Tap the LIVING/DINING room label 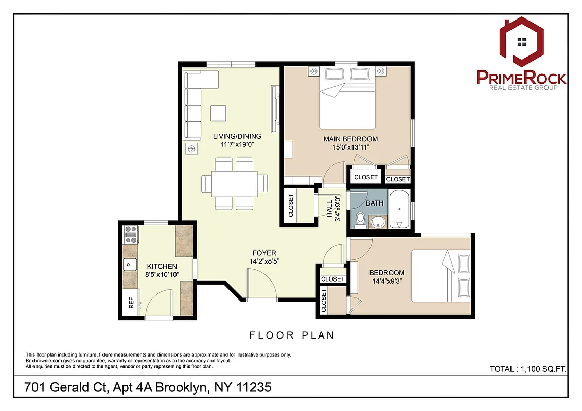coord(237,136)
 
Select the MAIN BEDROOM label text coord(350,139)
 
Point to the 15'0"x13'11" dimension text coord(350,147)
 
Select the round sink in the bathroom coord(378,221)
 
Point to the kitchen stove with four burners coord(130,234)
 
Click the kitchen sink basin coord(130,265)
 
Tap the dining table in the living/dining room coord(234,183)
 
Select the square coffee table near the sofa coord(218,113)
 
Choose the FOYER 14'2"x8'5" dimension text coord(264,261)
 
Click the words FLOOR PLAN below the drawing coord(292,335)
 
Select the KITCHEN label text coord(162,266)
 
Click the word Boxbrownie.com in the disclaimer coord(44,361)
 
